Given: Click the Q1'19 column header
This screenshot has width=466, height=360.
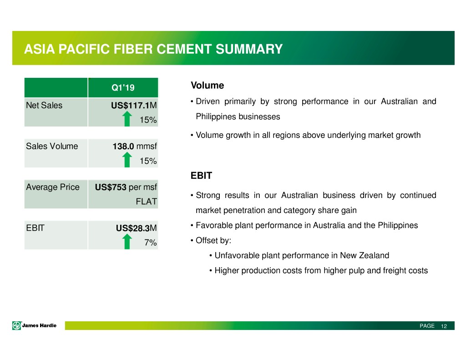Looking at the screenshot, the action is click(123, 88).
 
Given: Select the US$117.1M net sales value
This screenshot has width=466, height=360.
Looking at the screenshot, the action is click(134, 105).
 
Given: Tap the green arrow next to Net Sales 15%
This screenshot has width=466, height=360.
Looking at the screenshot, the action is click(127, 119).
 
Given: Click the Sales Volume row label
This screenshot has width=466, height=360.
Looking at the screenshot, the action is click(52, 146).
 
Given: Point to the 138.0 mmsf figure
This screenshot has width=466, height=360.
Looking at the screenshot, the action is click(135, 146).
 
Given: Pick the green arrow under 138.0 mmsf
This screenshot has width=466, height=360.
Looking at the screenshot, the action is click(127, 160).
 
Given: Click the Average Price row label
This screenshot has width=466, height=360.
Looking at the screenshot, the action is click(53, 188).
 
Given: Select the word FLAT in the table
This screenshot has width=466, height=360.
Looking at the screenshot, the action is click(146, 202).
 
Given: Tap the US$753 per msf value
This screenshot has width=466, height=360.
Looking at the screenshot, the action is click(126, 188).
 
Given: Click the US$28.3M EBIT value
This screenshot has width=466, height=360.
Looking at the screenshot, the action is click(136, 228).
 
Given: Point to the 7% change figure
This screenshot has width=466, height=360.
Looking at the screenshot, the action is click(151, 243).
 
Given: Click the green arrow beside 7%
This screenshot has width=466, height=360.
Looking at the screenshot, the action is click(127, 241).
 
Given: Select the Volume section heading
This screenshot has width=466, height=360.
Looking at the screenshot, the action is click(207, 85).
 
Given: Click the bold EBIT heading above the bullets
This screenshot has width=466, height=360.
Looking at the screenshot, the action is click(201, 176).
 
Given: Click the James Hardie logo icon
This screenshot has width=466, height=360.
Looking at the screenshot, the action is click(17, 326).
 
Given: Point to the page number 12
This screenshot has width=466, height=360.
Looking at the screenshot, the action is click(444, 326).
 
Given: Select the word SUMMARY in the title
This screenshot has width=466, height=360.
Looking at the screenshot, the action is click(249, 49).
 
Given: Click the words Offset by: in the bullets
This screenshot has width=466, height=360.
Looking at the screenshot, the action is click(213, 240).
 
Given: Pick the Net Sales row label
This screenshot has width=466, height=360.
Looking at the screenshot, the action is click(44, 105).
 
